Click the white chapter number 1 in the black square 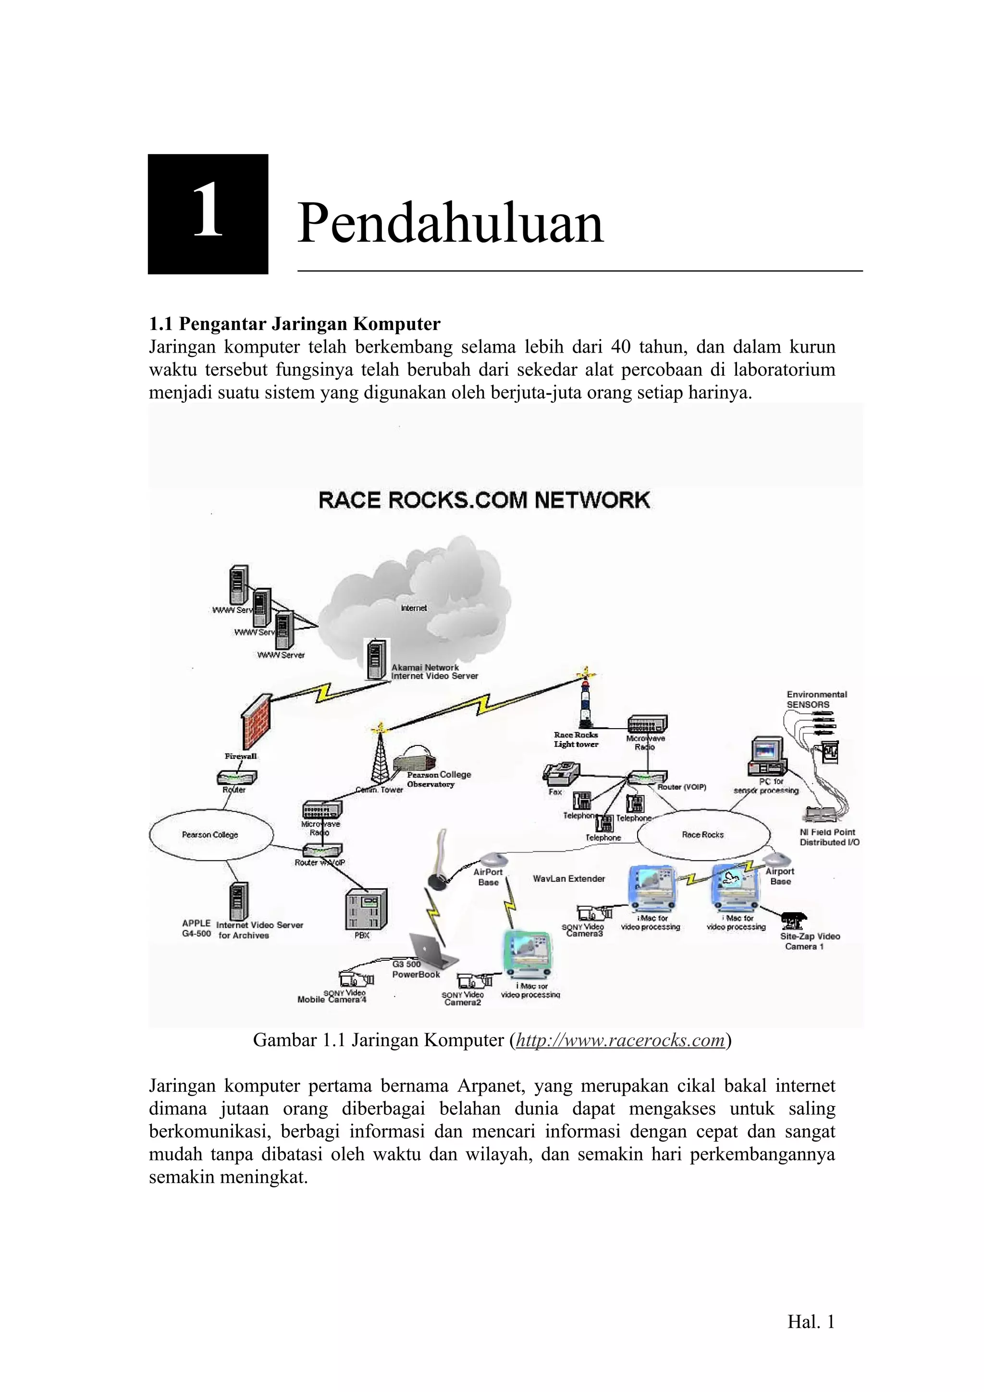pyautogui.click(x=208, y=212)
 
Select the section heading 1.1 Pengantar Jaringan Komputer pyautogui.click(x=295, y=324)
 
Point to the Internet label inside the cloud pyautogui.click(x=414, y=608)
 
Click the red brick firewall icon pyautogui.click(x=255, y=721)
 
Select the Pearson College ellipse pyautogui.click(x=210, y=835)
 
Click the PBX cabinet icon pyautogui.click(x=366, y=909)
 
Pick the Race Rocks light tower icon pyautogui.click(x=586, y=703)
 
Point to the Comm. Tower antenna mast pyautogui.click(x=380, y=755)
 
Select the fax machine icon pyautogui.click(x=561, y=772)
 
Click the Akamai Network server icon pyautogui.click(x=376, y=659)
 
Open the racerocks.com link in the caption pyautogui.click(x=620, y=1040)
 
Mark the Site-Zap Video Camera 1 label pyautogui.click(x=810, y=941)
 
